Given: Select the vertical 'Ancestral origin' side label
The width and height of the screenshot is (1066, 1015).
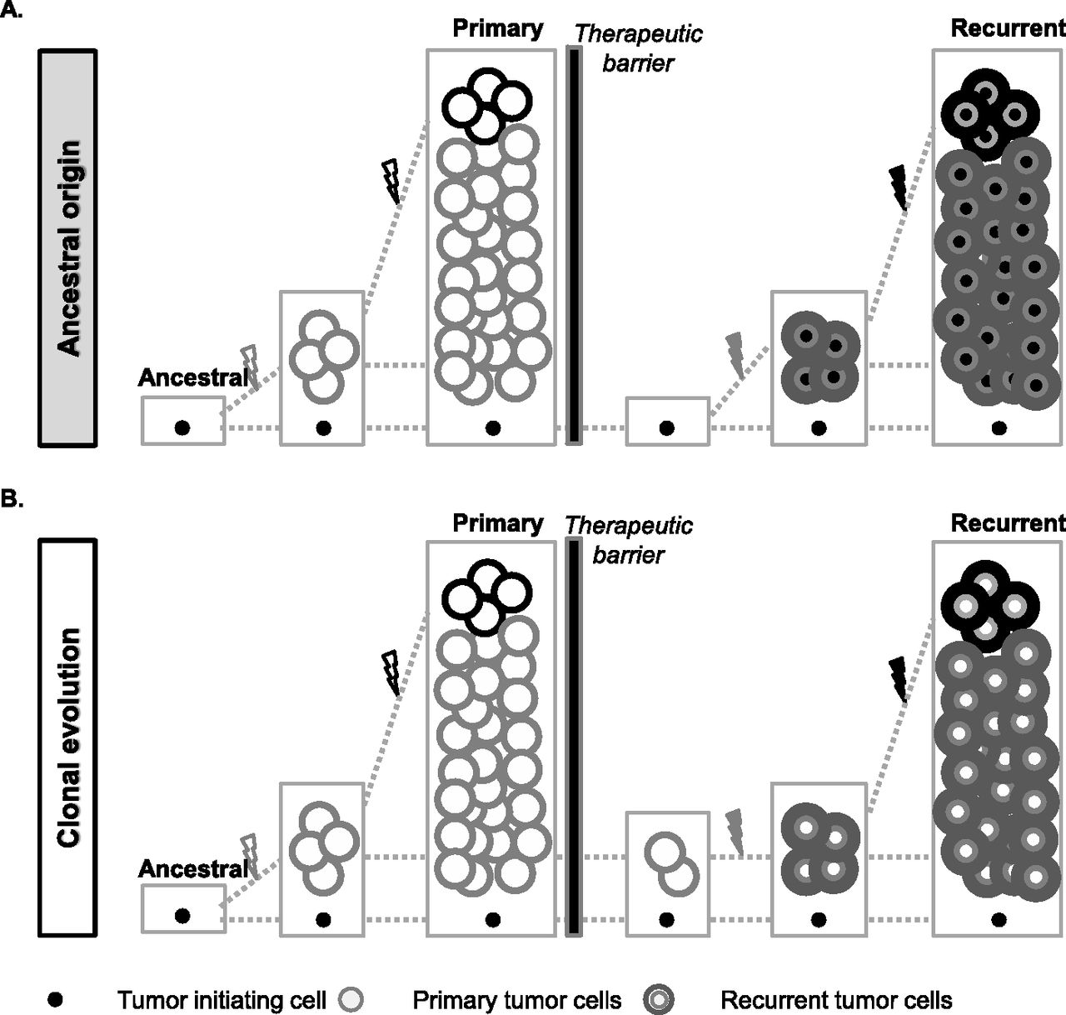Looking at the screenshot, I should (68, 247).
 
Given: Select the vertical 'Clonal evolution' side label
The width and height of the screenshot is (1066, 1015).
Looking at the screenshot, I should (68, 737).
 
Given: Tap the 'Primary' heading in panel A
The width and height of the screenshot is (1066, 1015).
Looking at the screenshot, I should (497, 28).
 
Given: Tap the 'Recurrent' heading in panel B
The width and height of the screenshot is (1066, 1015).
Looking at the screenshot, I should (1007, 523).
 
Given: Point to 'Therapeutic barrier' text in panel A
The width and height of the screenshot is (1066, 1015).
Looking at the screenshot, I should (638, 47).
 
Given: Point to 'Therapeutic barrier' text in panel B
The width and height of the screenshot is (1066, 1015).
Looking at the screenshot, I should (629, 540).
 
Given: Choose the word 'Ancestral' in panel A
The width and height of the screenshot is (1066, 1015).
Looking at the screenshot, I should (192, 377).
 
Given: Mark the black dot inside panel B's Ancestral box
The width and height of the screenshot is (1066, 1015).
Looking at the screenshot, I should (182, 915).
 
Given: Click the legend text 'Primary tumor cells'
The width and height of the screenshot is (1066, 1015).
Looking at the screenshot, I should (516, 999).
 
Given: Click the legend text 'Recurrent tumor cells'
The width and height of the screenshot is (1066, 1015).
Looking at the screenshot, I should (835, 999).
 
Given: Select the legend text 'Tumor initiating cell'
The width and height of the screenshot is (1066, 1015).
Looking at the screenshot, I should (222, 999).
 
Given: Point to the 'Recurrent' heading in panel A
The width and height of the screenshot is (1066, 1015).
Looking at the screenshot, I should (1007, 28).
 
